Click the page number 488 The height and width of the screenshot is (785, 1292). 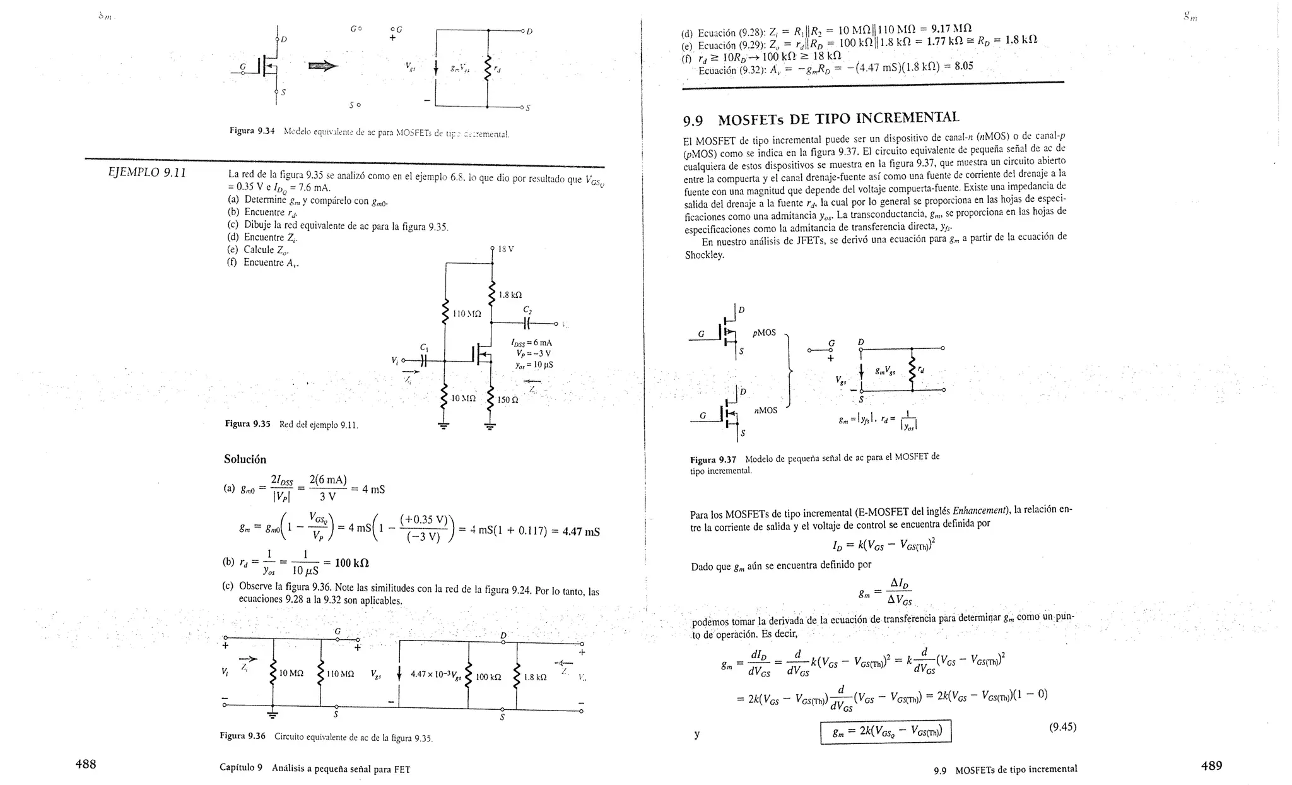[x=86, y=764]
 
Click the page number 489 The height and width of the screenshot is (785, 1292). [x=1211, y=765]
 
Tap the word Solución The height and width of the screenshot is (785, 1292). [x=245, y=459]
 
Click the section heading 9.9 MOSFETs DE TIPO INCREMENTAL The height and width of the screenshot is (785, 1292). [x=821, y=119]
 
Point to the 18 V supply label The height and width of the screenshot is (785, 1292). [x=506, y=249]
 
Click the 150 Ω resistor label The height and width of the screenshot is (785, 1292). [x=508, y=399]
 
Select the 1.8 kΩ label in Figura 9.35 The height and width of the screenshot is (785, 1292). [x=510, y=295]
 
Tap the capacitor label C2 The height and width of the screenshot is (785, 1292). [x=527, y=310]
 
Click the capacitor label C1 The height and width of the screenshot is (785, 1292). [x=424, y=347]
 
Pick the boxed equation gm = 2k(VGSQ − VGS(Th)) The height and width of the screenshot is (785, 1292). [x=885, y=732]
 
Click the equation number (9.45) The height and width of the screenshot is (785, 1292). [x=1062, y=727]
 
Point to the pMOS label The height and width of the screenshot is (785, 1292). [x=764, y=333]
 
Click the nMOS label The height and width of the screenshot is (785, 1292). [x=766, y=411]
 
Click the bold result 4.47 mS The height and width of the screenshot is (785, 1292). [x=580, y=531]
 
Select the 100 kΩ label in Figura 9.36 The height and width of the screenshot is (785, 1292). [x=488, y=677]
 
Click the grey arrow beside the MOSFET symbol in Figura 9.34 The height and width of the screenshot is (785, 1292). [x=322, y=66]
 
